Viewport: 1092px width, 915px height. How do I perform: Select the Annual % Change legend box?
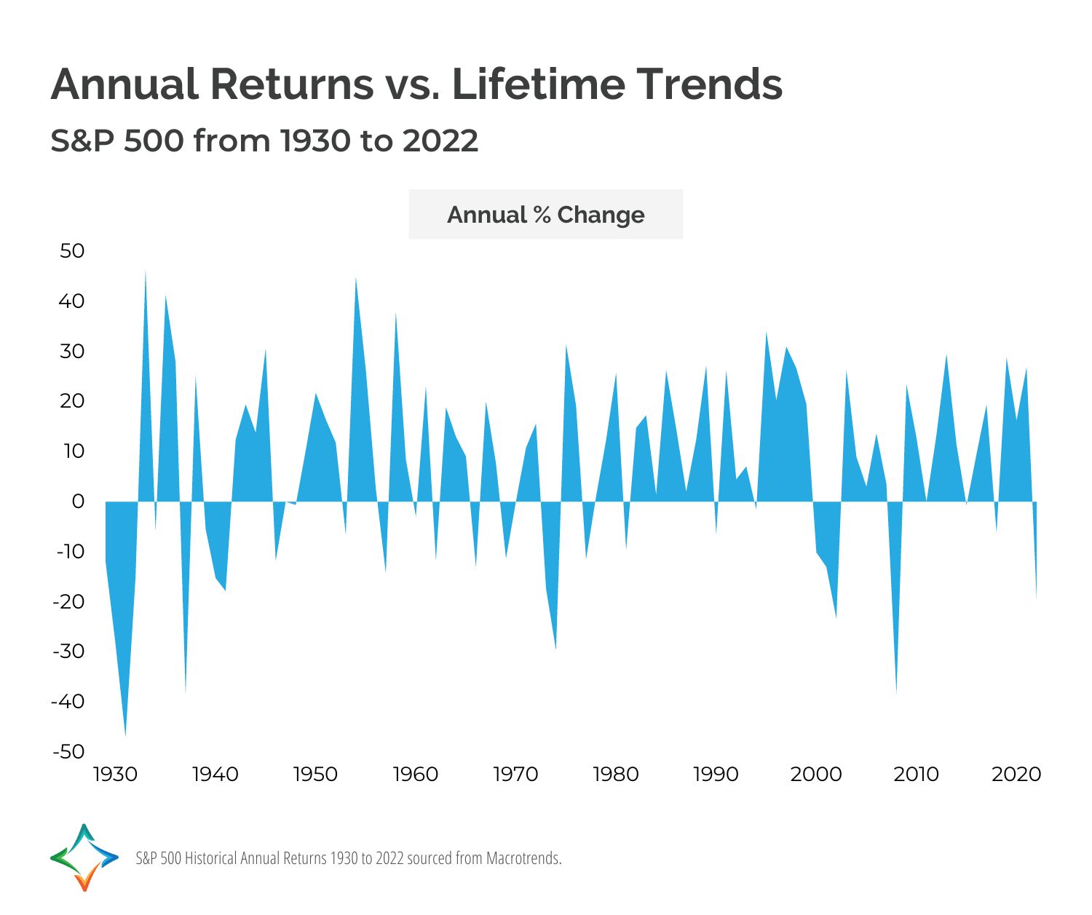pos(545,215)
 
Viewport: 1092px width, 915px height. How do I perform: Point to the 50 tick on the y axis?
pos(72,251)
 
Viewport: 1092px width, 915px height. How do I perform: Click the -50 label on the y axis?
pos(68,751)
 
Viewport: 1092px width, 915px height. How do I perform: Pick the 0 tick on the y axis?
pos(78,502)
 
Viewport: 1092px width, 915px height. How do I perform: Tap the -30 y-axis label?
pos(68,651)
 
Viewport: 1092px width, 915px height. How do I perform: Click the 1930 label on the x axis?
pos(115,775)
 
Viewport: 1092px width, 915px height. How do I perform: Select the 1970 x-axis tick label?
pos(515,775)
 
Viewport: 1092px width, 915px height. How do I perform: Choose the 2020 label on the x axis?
pos(1016,775)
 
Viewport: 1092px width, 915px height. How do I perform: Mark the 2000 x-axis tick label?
pos(816,775)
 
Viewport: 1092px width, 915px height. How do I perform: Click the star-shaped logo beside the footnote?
pos(84,857)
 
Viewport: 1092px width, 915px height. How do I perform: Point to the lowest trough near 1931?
pos(125,732)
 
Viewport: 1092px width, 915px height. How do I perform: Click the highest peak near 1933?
pos(145,274)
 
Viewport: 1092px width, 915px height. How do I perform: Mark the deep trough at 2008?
pos(896,689)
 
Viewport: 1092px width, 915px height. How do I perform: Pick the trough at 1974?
pos(556,645)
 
